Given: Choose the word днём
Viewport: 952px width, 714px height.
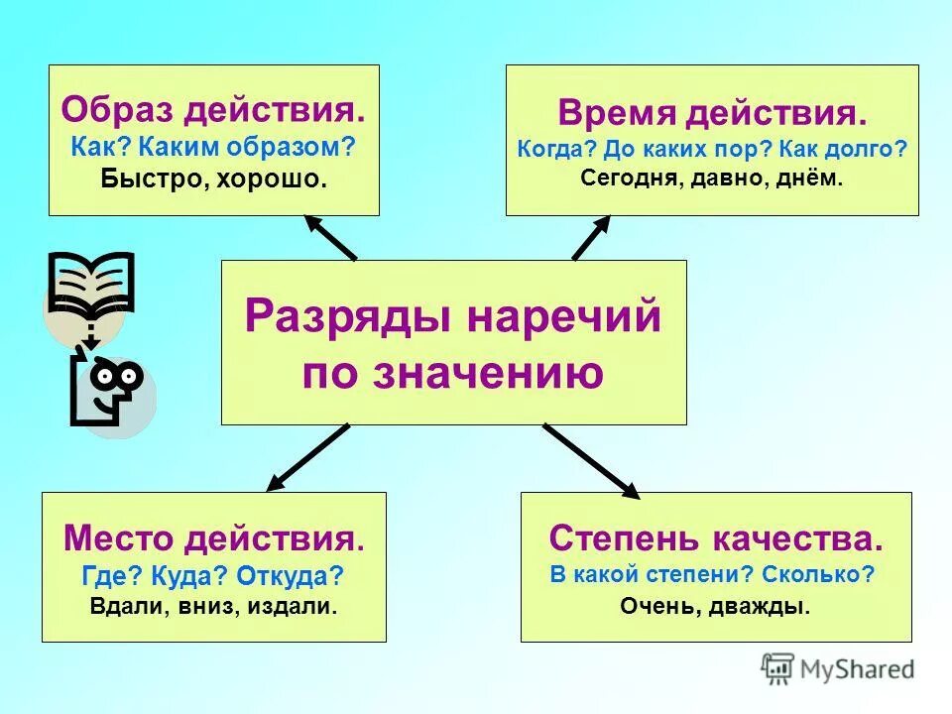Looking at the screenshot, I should [808, 179].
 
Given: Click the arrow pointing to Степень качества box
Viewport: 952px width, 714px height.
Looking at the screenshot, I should [592, 460].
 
